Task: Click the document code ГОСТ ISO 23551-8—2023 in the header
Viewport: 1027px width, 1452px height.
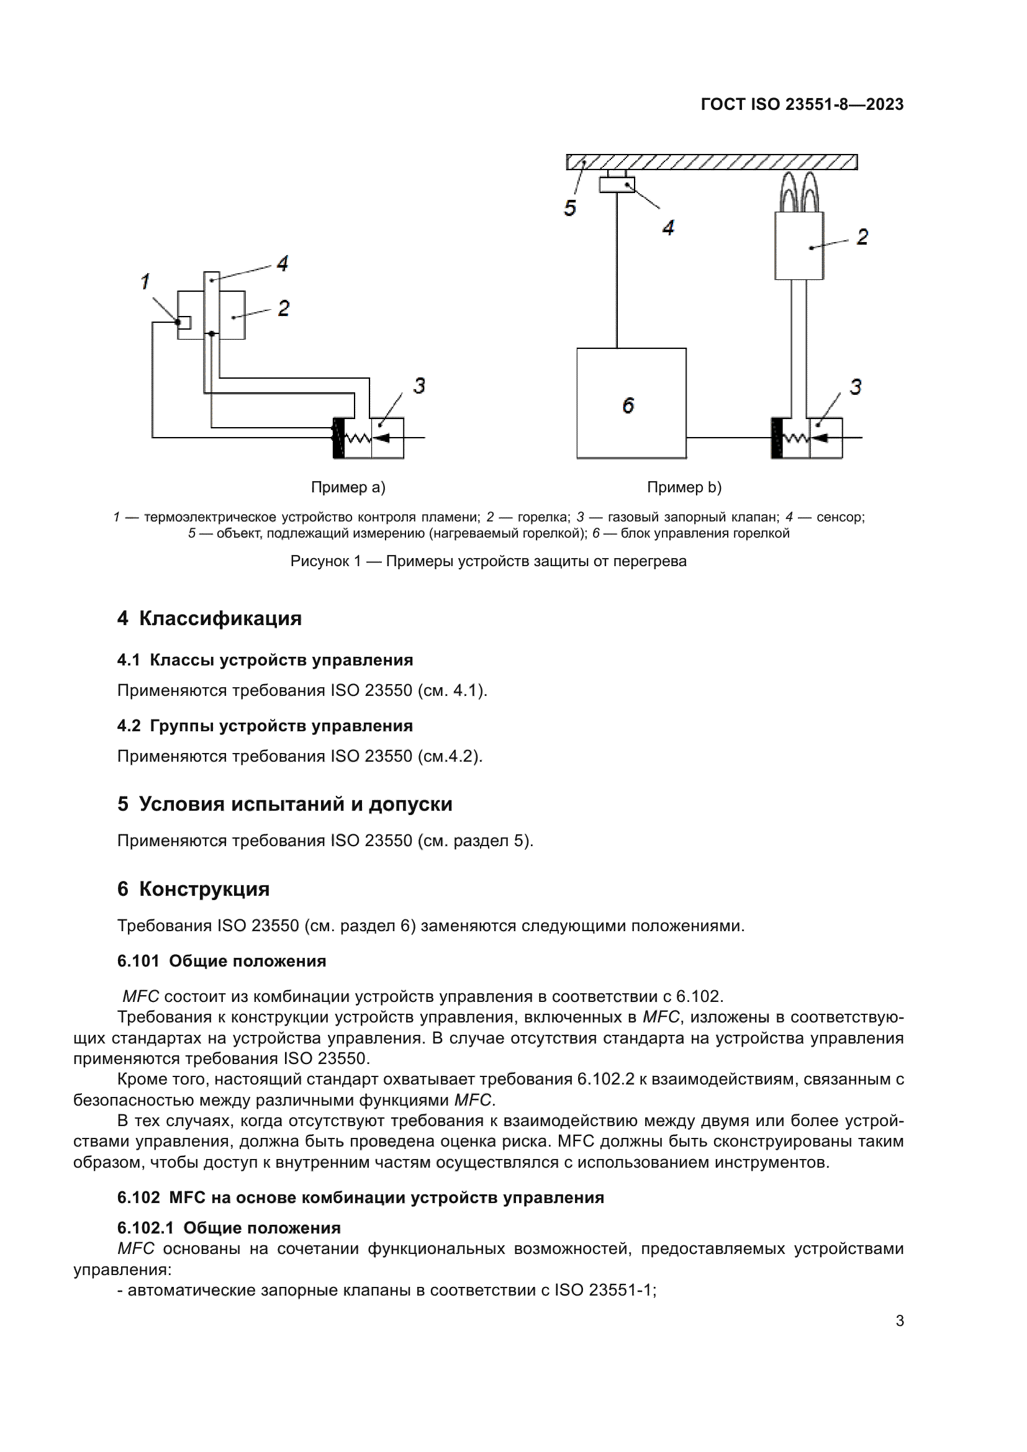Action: point(802,104)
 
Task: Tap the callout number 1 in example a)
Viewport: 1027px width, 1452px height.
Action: point(145,281)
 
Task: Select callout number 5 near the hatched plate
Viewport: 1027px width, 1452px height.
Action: point(570,208)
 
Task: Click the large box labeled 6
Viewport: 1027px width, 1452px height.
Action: point(631,404)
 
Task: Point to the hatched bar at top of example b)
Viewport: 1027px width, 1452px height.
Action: point(712,162)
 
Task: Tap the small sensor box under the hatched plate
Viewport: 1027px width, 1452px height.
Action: point(617,184)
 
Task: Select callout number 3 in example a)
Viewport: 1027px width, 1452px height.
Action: point(419,385)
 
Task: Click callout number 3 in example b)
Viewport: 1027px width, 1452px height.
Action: point(856,386)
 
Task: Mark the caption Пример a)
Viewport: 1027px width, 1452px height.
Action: point(348,487)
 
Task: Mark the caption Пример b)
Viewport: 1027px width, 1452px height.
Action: point(684,487)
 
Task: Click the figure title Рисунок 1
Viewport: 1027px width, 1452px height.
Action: point(488,561)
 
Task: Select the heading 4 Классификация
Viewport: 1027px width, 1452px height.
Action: point(209,618)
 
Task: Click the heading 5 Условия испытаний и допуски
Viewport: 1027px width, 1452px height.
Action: point(284,804)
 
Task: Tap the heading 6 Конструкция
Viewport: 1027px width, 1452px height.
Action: point(194,888)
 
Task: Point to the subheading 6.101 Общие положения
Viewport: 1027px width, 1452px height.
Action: point(221,960)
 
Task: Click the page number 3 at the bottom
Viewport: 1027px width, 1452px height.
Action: point(899,1320)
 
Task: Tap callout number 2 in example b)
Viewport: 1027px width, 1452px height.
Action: point(862,237)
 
